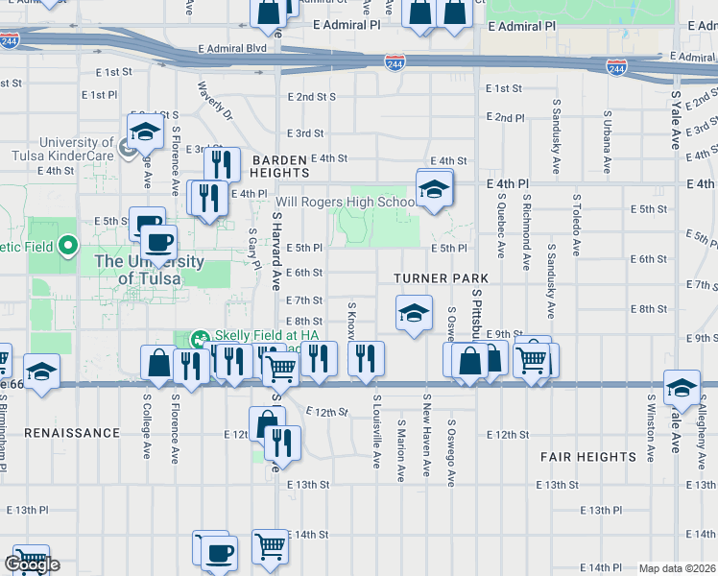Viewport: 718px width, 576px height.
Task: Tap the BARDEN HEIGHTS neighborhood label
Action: (280, 165)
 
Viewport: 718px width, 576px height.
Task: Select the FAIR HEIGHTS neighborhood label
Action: (587, 457)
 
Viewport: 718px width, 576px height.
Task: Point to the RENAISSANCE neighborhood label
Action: (72, 433)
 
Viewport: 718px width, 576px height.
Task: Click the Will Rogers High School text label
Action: (331, 203)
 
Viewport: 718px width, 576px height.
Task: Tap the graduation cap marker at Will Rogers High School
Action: (434, 187)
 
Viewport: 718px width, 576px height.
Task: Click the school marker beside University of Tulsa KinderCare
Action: (144, 132)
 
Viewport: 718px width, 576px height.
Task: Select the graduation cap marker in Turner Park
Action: (414, 313)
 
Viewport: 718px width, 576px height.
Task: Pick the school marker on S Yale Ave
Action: (682, 387)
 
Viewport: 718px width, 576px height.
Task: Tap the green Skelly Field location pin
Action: (200, 338)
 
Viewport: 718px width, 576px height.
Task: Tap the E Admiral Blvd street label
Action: (231, 48)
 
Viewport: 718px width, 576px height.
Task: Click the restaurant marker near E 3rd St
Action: (222, 164)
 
